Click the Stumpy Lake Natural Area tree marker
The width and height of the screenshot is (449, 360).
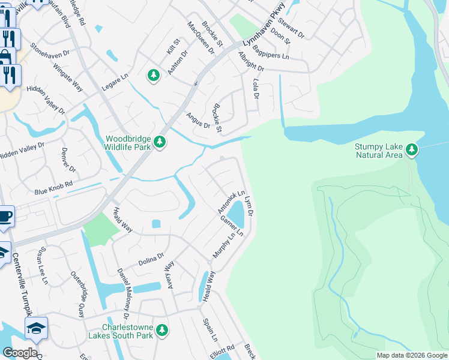pyautogui.click(x=411, y=149)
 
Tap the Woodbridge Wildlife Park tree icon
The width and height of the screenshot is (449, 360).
pyautogui.click(x=159, y=142)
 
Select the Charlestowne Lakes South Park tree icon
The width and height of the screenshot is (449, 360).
pyautogui.click(x=161, y=330)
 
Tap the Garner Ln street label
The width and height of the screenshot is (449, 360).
pyautogui.click(x=232, y=226)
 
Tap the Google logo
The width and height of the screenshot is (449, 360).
pyautogui.click(x=20, y=353)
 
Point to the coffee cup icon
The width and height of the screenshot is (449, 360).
pyautogui.click(x=5, y=216)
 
